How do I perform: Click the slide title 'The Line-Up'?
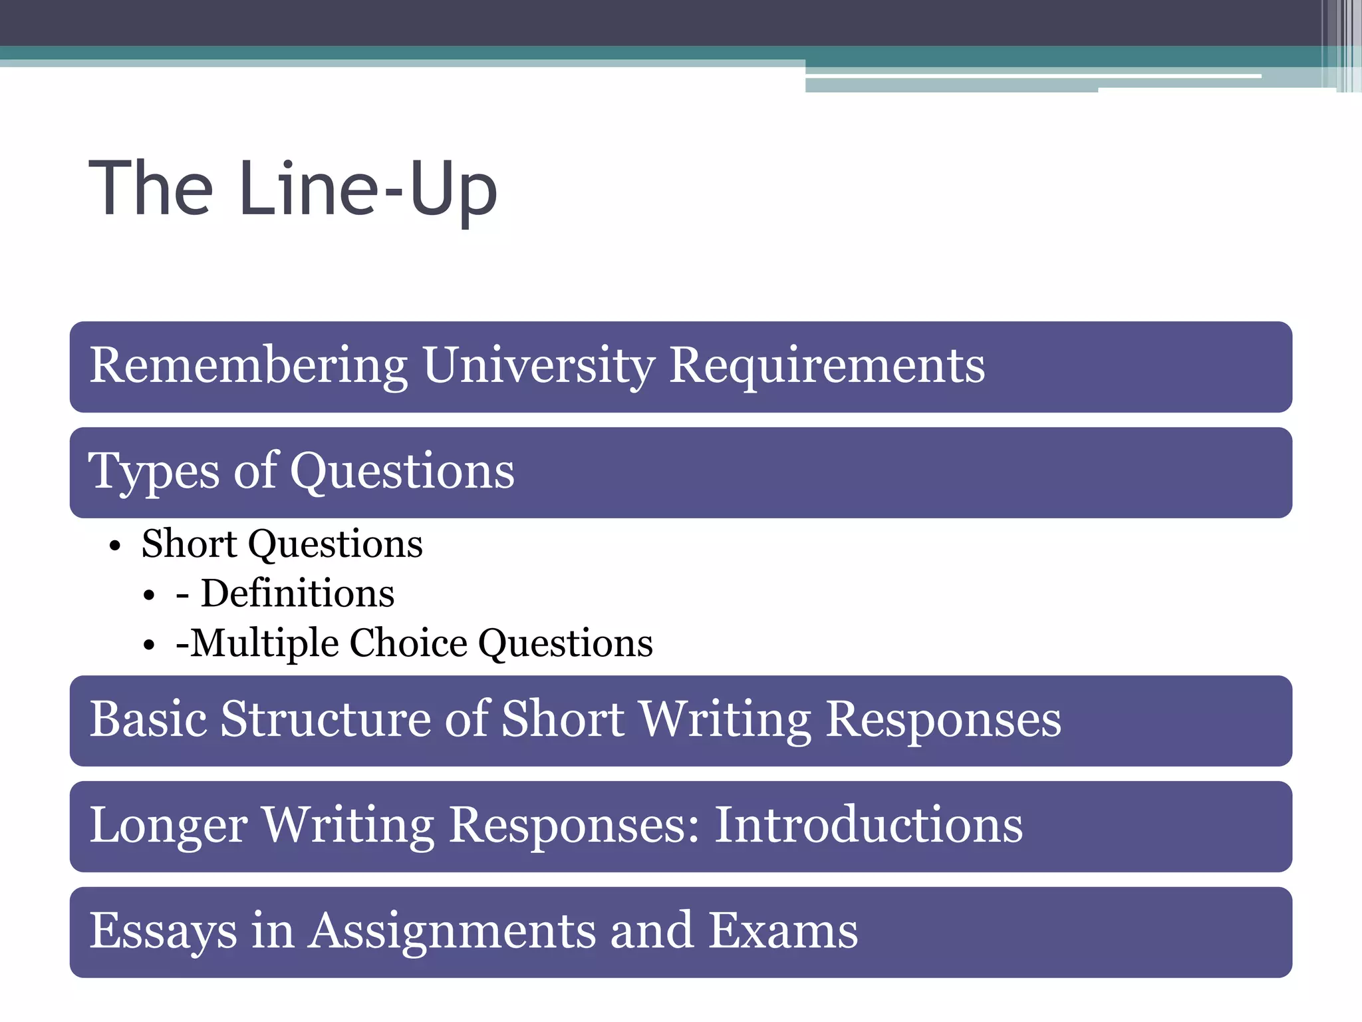293,189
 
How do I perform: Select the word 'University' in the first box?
539,366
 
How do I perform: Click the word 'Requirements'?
827,366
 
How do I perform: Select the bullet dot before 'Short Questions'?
116,546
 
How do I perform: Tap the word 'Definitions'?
297,594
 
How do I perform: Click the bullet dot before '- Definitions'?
149,596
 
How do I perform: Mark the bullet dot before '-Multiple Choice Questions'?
149,645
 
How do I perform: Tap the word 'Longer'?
168,826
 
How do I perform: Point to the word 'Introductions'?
869,825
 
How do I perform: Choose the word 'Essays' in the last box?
163,932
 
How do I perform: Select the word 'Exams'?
783,931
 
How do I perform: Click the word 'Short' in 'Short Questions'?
190,544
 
